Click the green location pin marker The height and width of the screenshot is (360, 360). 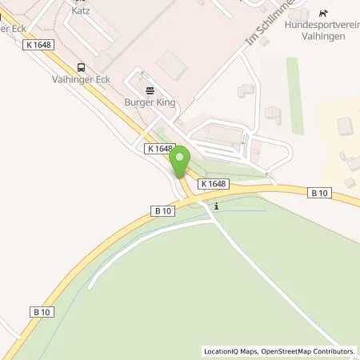click(181, 158)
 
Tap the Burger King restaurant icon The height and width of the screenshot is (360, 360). click(150, 90)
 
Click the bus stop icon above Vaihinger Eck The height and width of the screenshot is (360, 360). click(80, 68)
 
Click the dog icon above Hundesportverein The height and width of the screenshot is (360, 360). click(323, 13)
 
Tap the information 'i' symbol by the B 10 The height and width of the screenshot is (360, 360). click(216, 206)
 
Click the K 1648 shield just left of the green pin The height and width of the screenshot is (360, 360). click(160, 149)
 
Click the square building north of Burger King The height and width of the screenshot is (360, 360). click(170, 63)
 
